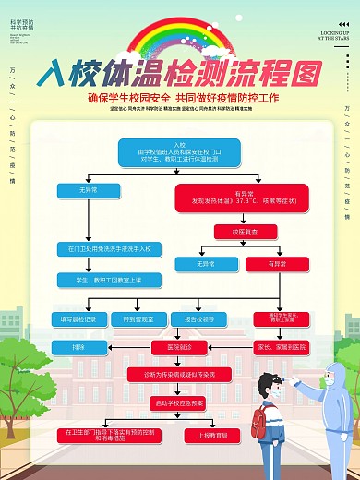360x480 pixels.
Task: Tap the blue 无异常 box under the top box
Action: click(x=88, y=191)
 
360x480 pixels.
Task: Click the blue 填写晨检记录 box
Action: click(x=78, y=319)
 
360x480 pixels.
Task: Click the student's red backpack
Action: click(x=259, y=425)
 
